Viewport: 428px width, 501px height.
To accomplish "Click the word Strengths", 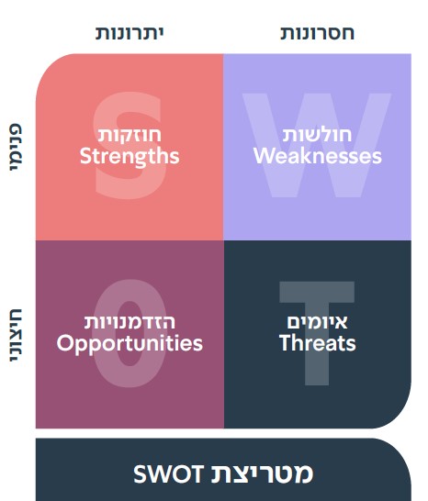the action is pyautogui.click(x=130, y=156).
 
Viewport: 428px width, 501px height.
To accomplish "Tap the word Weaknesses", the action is pyautogui.click(x=318, y=156).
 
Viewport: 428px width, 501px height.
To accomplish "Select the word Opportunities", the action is pyautogui.click(x=130, y=344).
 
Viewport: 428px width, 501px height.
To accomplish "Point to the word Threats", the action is pyautogui.click(x=317, y=343).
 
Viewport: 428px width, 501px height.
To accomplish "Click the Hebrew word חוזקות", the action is pyautogui.click(x=130, y=135).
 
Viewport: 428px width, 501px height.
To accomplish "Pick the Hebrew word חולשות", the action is pyautogui.click(x=317, y=135).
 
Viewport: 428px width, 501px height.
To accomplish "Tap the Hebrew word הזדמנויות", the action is pyautogui.click(x=130, y=322).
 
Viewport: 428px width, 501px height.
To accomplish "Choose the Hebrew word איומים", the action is pyautogui.click(x=317, y=322).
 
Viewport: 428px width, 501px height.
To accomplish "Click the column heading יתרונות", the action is pyautogui.click(x=130, y=33).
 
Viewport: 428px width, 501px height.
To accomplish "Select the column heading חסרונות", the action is pyautogui.click(x=317, y=33).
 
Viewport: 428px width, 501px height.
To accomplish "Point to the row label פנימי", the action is pyautogui.click(x=16, y=148).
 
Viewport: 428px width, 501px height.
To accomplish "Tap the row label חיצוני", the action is pyautogui.click(x=16, y=335).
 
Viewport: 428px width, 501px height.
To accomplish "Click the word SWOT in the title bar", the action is pyautogui.click(x=169, y=473).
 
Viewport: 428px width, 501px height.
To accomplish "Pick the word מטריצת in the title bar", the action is pyautogui.click(x=262, y=473).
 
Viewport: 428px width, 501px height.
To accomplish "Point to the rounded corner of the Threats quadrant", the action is pyautogui.click(x=399, y=416).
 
